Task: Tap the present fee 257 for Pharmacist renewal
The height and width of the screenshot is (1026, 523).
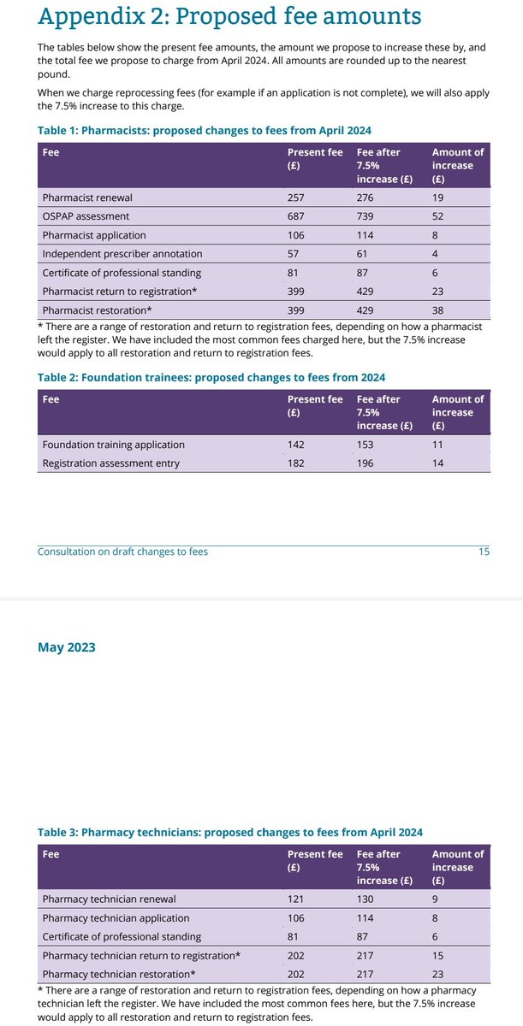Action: [x=296, y=198]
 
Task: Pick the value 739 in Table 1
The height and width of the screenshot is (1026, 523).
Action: [x=366, y=216]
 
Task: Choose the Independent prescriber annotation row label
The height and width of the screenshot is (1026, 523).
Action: [x=122, y=254]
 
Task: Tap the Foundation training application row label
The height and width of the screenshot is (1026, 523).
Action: [x=113, y=445]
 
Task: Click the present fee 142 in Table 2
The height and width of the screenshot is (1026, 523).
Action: [x=296, y=445]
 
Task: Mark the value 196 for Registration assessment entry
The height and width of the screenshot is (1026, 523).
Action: [x=366, y=463]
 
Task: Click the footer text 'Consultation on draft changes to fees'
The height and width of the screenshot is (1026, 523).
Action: [x=122, y=551]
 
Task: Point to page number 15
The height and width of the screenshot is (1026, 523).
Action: [x=484, y=551]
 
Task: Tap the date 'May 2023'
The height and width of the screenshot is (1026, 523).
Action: [x=67, y=647]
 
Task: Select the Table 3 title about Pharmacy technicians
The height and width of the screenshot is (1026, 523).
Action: [x=230, y=832]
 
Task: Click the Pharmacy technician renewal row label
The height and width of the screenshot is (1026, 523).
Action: [x=109, y=899]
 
